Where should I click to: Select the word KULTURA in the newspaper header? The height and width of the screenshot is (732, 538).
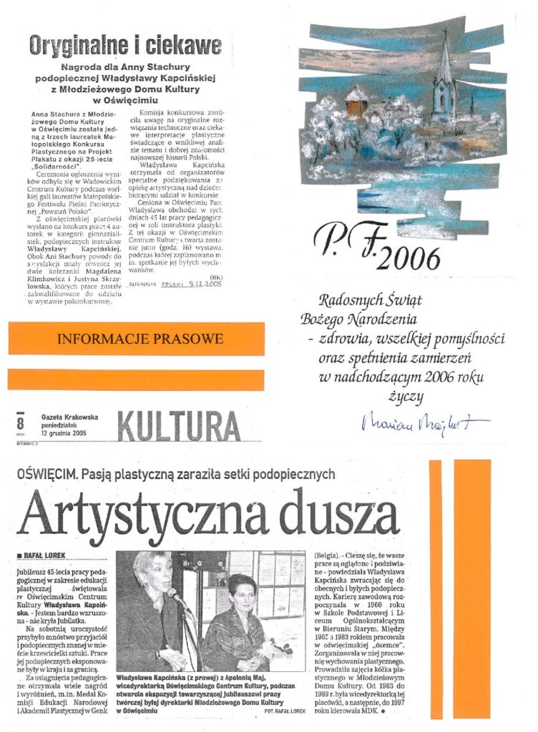(178, 427)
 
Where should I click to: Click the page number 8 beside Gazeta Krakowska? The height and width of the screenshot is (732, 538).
(20, 424)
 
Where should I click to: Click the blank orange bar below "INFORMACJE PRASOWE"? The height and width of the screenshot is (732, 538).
(136, 378)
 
